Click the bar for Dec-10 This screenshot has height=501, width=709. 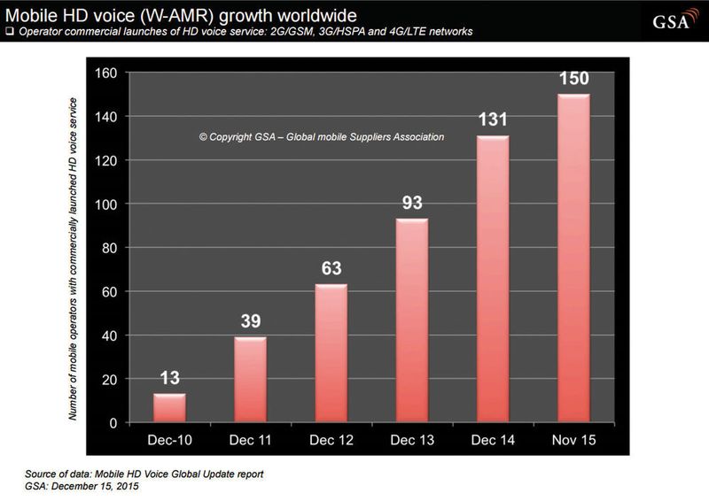(x=169, y=408)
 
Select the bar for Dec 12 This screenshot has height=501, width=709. (x=331, y=354)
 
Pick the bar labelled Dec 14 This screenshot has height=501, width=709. (x=492, y=280)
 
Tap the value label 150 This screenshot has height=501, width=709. (x=573, y=80)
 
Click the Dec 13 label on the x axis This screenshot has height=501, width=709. (x=411, y=440)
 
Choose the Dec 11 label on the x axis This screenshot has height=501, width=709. (x=250, y=440)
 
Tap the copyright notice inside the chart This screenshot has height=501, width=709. (x=321, y=137)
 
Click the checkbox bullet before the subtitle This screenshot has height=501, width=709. (x=9, y=32)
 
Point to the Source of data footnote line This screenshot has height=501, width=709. (x=138, y=474)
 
